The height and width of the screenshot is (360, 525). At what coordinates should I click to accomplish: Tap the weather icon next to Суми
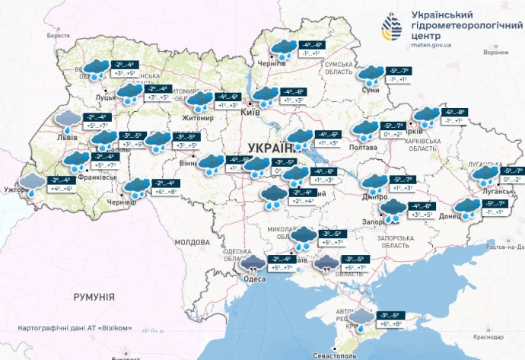pos(371,74)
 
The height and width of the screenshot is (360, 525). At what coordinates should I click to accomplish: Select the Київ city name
pos(250,113)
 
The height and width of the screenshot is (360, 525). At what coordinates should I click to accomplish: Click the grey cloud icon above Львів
pos(68,119)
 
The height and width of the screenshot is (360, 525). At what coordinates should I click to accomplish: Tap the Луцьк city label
pos(106,97)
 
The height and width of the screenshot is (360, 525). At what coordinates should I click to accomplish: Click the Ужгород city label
pos(16,187)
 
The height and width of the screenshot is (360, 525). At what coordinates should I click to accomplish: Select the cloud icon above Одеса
pos(253,264)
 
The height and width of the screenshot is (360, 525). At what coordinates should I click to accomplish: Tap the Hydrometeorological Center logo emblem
pos(393,29)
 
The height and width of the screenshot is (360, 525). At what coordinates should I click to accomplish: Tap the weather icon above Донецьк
pos(465,206)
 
